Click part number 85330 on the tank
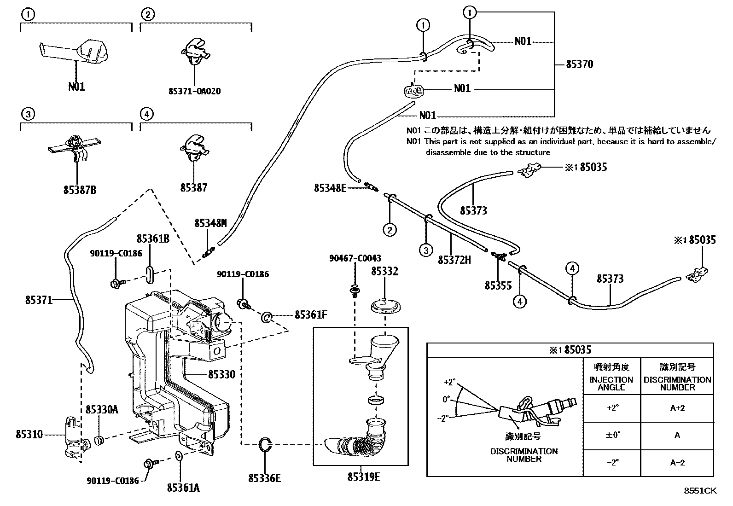221,374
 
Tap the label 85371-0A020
194,91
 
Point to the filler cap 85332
385,306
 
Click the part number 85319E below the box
364,477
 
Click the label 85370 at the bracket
579,64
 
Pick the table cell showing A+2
677,408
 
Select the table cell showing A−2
677,462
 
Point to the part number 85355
498,286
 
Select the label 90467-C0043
355,259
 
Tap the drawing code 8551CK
700,491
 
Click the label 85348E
330,188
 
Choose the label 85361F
311,314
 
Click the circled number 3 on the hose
426,250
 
